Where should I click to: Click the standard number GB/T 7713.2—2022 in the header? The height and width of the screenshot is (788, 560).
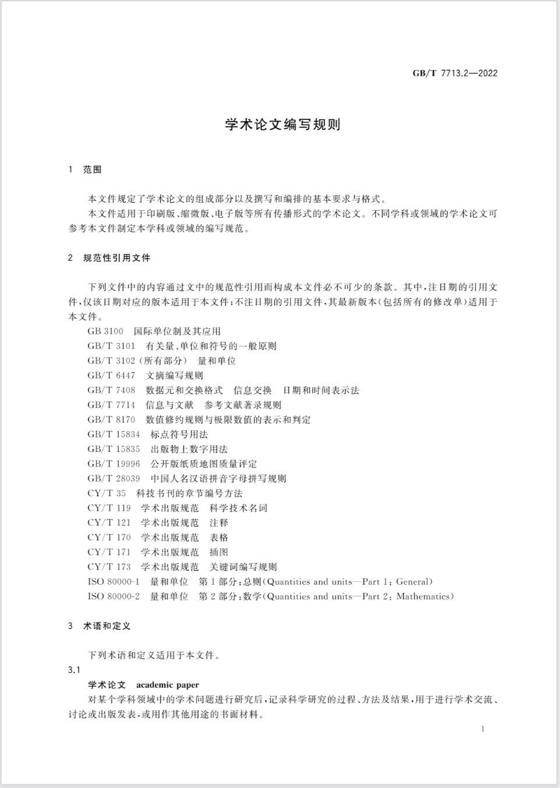point(455,73)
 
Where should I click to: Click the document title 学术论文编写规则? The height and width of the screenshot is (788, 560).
point(283,125)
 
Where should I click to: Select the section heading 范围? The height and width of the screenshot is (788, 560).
point(92,169)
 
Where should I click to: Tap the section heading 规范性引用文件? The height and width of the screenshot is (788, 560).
point(117,257)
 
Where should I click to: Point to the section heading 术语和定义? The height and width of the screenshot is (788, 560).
point(107,626)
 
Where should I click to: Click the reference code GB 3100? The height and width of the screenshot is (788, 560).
point(105,331)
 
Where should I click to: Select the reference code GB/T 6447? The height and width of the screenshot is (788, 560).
point(111,376)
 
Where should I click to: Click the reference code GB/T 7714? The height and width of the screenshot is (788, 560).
point(111,405)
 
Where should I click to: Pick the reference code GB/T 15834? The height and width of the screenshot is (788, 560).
point(114,434)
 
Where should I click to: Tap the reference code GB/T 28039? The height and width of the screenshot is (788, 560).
point(114,479)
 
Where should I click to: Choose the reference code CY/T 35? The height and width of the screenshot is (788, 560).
point(107,493)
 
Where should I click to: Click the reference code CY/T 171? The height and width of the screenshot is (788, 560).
point(109,552)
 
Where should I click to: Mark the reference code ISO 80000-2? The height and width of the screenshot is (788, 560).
point(114,596)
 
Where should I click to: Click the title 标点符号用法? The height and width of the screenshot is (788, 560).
point(179,434)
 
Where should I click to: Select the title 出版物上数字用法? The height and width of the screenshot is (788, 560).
point(189,449)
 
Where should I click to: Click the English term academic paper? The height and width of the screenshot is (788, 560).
point(167,685)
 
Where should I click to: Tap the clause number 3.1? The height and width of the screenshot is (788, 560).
point(74,670)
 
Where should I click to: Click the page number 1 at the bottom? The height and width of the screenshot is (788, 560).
point(482,729)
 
